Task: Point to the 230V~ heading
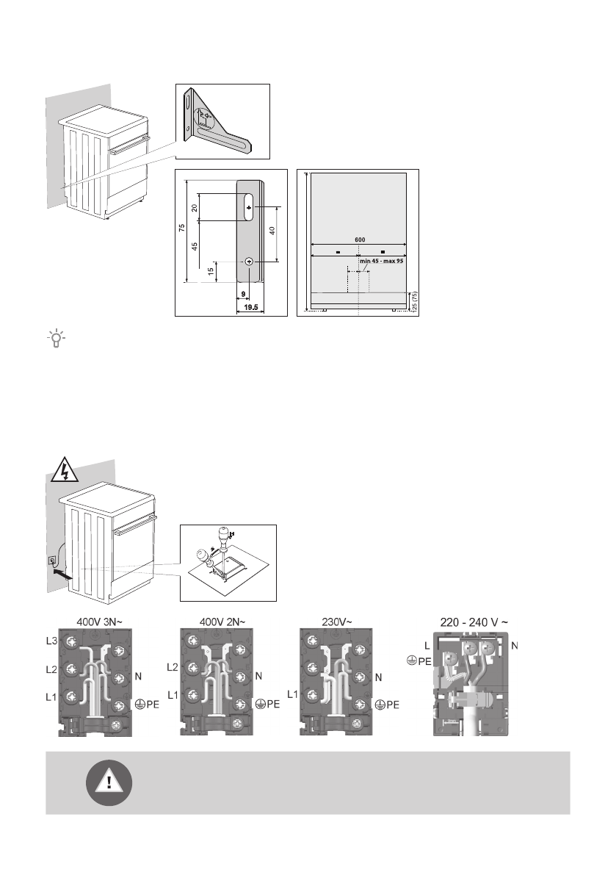(337, 622)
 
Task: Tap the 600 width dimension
(359, 240)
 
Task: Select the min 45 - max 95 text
(383, 260)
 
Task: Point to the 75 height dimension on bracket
(181, 230)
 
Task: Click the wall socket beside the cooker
(52, 562)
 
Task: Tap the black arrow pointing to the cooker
(61, 578)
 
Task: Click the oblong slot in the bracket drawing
(249, 208)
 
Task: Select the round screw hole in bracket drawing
(249, 262)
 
